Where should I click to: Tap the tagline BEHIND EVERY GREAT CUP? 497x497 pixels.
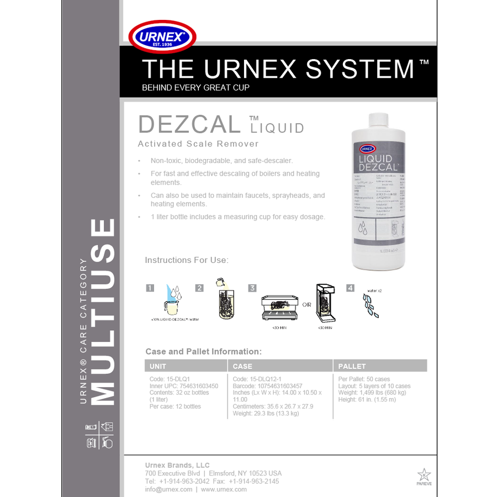(196, 88)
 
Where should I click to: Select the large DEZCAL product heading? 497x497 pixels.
(189, 125)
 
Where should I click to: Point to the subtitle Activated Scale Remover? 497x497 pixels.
(198, 144)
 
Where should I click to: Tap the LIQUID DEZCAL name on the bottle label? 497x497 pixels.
(379, 162)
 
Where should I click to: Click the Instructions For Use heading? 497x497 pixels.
(187, 260)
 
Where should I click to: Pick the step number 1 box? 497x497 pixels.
(150, 288)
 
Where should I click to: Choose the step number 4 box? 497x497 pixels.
(350, 288)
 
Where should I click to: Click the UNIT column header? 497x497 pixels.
(158, 366)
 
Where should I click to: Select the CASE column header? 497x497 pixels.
(242, 366)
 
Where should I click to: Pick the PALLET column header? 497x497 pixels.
(352, 366)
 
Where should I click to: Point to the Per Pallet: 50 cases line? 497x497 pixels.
(364, 379)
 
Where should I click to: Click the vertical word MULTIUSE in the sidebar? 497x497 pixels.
(102, 312)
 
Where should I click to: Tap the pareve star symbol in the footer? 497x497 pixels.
(424, 474)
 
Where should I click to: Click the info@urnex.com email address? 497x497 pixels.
(168, 489)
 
